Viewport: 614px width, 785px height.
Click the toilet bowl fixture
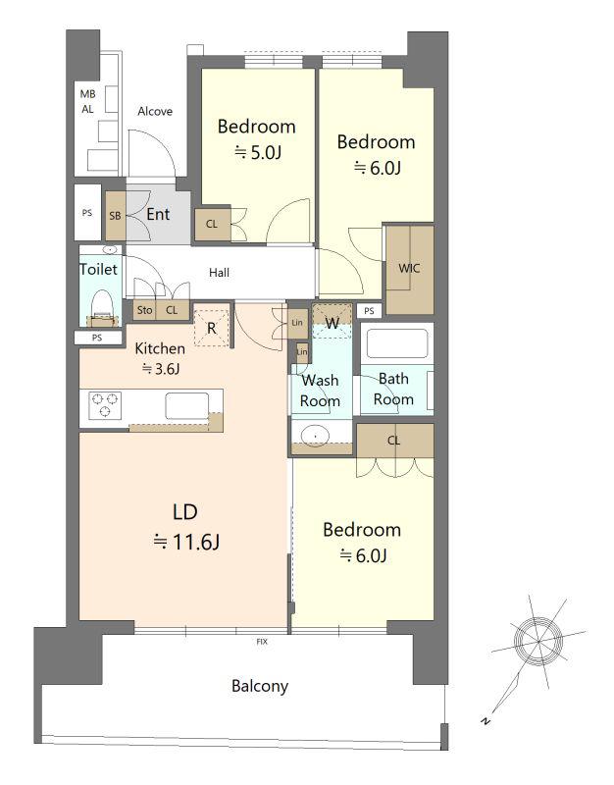coord(103,304)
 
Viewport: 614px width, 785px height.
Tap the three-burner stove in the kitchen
coord(105,405)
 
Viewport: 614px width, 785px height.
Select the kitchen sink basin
coord(187,405)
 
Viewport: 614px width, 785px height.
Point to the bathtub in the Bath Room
coord(397,343)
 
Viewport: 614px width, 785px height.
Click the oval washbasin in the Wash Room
coord(315,435)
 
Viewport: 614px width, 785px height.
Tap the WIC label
coord(409,268)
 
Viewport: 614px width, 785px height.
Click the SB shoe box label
coord(115,216)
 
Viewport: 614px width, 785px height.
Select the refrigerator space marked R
coord(212,329)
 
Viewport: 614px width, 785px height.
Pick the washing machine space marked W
coord(333,324)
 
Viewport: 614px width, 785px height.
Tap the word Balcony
coord(260,686)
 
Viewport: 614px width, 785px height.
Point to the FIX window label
coord(262,642)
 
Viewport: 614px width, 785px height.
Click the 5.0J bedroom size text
coord(258,152)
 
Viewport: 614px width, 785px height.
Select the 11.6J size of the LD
coord(186,542)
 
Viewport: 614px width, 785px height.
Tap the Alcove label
coord(155,111)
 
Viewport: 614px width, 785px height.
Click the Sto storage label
coord(144,310)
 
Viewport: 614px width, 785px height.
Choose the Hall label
coord(219,273)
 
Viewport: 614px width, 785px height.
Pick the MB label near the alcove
coord(87,94)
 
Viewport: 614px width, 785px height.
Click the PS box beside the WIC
coord(370,311)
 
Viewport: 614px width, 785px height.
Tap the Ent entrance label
coord(158,214)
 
